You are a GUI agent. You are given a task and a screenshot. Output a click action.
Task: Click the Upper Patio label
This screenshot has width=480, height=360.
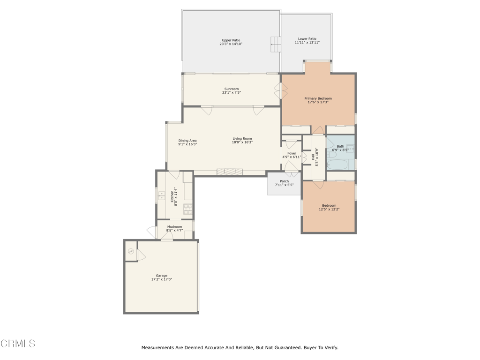pyautogui.click(x=231, y=40)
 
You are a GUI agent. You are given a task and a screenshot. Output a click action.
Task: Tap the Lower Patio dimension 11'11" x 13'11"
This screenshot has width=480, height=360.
pyautogui.click(x=307, y=43)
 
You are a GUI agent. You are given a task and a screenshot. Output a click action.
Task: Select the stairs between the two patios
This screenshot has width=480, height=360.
pyautogui.click(x=276, y=45)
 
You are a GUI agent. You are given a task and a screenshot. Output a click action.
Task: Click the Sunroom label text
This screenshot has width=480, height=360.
pyautogui.click(x=231, y=89)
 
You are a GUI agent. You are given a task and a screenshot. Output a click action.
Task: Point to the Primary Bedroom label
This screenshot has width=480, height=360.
pyautogui.click(x=318, y=98)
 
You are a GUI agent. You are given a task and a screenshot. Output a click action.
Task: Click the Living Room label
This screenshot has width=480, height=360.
pyautogui.click(x=242, y=138)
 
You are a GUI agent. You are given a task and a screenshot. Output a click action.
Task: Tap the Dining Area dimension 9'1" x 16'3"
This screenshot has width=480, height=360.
pyautogui.click(x=187, y=144)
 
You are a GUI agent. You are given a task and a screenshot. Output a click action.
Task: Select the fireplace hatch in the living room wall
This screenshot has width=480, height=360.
pyautogui.click(x=230, y=172)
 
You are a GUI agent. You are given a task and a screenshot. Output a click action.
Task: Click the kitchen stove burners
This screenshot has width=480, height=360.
pyautogui.click(x=188, y=209)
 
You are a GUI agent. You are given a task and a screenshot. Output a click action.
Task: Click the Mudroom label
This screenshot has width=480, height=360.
pyautogui.click(x=174, y=227)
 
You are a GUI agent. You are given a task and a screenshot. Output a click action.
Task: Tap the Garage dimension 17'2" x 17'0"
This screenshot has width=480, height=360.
pyautogui.click(x=161, y=279)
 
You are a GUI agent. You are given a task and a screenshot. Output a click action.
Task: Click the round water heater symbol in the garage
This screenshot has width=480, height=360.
pyautogui.click(x=131, y=252)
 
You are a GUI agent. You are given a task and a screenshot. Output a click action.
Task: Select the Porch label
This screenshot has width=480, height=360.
pyautogui.click(x=284, y=181)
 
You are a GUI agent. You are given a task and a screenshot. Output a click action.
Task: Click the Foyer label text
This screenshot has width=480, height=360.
pyautogui.click(x=292, y=153)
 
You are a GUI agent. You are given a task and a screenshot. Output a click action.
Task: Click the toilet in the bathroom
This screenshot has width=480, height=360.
pyautogui.click(x=331, y=154)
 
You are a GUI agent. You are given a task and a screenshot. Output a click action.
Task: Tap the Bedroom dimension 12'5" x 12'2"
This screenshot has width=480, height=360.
pyautogui.click(x=329, y=210)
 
